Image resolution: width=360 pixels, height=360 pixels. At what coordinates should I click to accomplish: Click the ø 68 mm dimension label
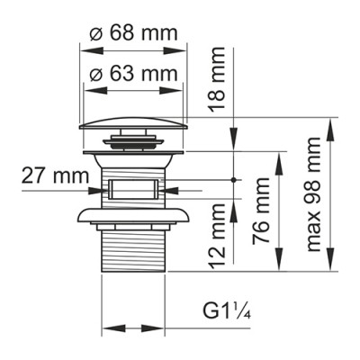click(134, 35)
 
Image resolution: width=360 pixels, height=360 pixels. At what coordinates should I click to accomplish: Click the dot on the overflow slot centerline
click(235, 180)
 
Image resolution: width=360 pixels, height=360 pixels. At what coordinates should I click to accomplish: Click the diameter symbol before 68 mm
click(96, 35)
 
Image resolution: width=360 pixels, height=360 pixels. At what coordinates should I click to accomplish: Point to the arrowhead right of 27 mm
click(95, 189)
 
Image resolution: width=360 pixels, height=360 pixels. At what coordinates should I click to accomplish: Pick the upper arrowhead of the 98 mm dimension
click(332, 124)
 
